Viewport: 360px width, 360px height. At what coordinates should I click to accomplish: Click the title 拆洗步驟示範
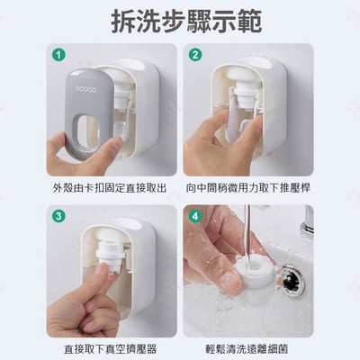(x=180, y=20)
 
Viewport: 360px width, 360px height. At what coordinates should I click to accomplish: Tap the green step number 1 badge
(x=60, y=55)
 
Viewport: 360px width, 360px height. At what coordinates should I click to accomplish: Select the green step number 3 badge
(x=60, y=216)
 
